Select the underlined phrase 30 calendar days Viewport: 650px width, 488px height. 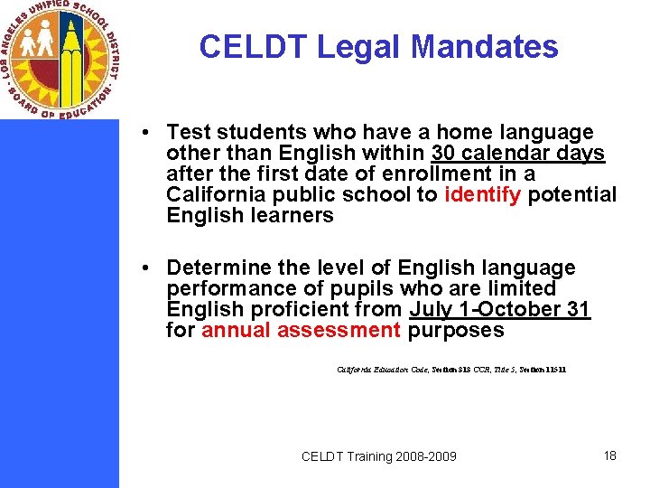click(518, 154)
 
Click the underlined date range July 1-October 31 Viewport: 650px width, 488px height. click(499, 310)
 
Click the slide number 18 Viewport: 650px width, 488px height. click(610, 455)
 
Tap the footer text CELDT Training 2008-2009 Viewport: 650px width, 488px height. click(379, 456)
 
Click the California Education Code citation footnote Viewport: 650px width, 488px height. click(451, 370)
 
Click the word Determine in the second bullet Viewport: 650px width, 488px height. click(220, 268)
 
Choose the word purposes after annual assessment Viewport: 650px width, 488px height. click(456, 331)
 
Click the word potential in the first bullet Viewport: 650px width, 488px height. click(572, 194)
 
